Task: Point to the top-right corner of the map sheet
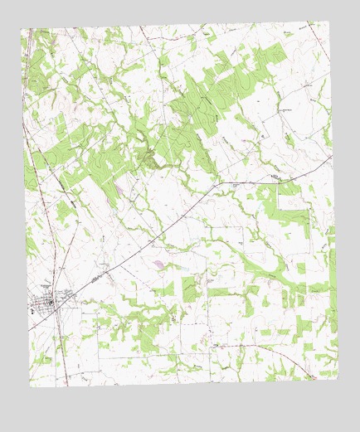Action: click(327, 21)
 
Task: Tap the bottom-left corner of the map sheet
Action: click(31, 388)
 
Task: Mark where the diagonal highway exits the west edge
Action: click(29, 330)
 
